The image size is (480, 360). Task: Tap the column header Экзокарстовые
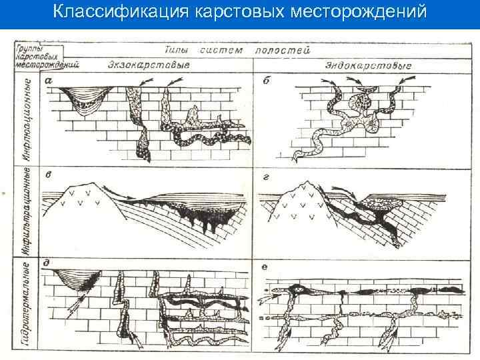[x=148, y=65]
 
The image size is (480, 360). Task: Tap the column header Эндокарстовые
[x=368, y=65]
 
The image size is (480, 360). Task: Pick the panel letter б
[x=265, y=81]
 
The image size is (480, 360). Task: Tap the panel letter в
[x=49, y=175]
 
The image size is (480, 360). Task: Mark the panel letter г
[x=265, y=175]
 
